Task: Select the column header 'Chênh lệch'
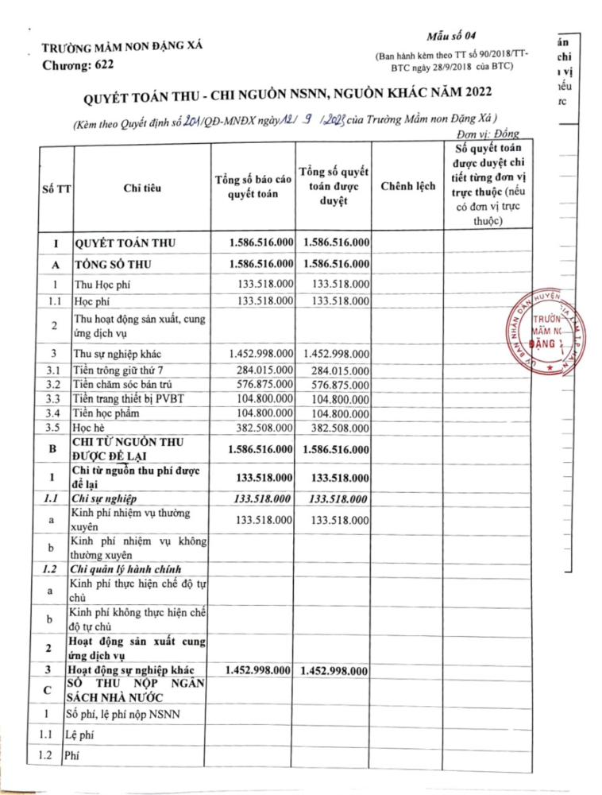pos(407,185)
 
